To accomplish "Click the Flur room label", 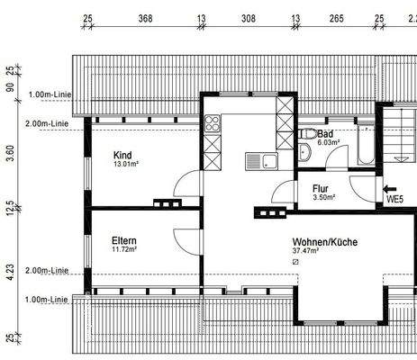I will pos(320,189).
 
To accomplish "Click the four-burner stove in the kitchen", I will pos(213,125).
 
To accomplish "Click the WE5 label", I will pos(394,199).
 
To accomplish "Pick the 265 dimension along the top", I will pos(335,17).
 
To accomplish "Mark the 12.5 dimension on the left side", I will pos(10,209).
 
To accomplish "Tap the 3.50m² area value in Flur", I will pos(323,197).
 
